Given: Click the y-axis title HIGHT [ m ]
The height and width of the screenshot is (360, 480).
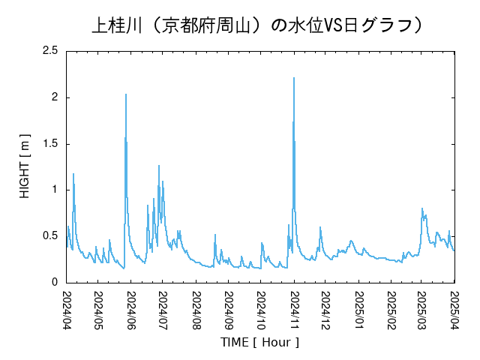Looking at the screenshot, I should point(25,166).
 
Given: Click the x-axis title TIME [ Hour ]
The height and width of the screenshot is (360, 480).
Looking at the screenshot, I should point(259,342).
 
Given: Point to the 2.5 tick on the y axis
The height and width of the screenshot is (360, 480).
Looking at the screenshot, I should point(49,51).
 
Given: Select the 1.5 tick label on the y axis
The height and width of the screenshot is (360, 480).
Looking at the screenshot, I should point(49,144).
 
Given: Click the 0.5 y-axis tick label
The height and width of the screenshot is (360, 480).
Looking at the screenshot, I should point(49,236).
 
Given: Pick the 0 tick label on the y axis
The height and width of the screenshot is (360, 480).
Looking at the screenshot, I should point(55,283).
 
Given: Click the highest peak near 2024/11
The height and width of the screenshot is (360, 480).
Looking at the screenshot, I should point(293,77).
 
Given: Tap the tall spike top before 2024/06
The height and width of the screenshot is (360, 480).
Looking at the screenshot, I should point(125,94).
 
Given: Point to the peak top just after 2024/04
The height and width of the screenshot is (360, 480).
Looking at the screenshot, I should point(73,174).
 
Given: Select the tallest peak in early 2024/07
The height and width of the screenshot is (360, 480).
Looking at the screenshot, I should point(159,166).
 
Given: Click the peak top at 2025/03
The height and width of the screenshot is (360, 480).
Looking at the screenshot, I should point(422,208).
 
